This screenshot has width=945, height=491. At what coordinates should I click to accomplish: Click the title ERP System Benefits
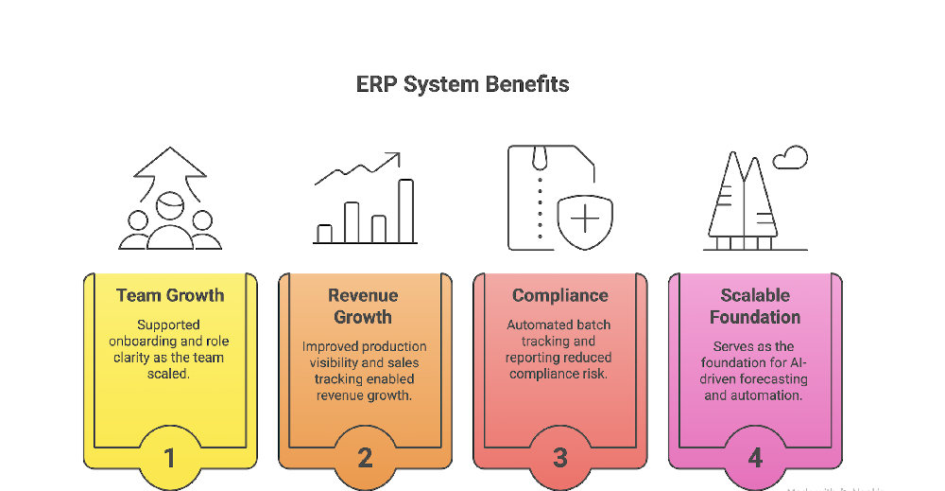point(462,84)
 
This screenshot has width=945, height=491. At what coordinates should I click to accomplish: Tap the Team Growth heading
point(170,295)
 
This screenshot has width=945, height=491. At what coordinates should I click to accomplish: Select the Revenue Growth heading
point(364,306)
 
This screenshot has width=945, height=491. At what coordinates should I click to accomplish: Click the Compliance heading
point(559,295)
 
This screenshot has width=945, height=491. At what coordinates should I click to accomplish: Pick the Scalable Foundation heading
point(755,306)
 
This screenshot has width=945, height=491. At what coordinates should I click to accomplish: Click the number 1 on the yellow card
point(170,458)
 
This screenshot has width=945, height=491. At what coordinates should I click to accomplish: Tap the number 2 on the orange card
point(365,458)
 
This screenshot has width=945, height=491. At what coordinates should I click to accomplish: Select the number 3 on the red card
point(559,458)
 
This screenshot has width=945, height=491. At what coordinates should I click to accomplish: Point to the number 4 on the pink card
point(755,458)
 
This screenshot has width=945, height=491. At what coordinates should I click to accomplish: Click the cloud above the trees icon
point(790,158)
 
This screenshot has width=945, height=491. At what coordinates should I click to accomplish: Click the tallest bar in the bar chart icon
point(405,211)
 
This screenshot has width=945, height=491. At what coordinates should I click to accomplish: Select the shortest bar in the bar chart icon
point(324,234)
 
